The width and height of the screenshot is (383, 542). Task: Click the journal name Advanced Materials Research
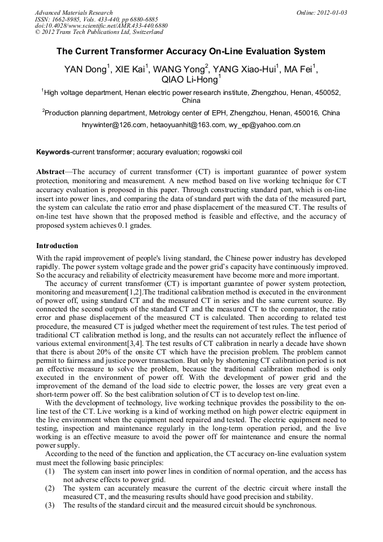click(74, 12)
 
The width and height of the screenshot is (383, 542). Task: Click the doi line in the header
click(101, 26)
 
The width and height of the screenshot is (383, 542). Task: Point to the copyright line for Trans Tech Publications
click(99, 33)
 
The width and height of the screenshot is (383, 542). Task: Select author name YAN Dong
click(86, 70)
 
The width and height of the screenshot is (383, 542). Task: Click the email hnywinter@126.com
click(115, 125)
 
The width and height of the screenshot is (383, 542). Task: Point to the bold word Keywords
click(53, 152)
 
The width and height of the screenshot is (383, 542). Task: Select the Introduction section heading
click(57, 246)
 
